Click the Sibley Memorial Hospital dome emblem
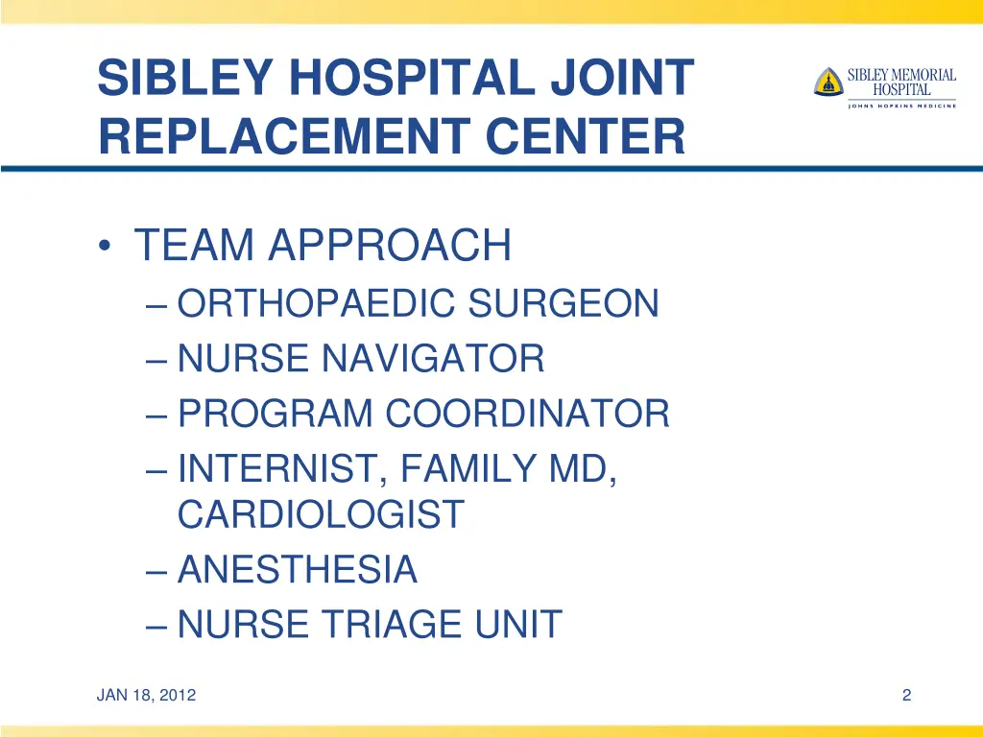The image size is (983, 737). coord(827,82)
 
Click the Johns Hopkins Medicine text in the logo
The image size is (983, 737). coord(901,106)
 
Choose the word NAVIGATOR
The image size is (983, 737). coord(433,360)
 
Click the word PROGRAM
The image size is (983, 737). coord(275,415)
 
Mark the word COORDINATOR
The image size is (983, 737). coord(527,415)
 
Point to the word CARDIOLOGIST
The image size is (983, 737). coord(321,515)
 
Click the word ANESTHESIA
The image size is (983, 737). coord(298,570)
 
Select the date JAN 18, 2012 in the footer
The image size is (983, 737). coord(146,696)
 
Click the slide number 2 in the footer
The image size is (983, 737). coord(906,696)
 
